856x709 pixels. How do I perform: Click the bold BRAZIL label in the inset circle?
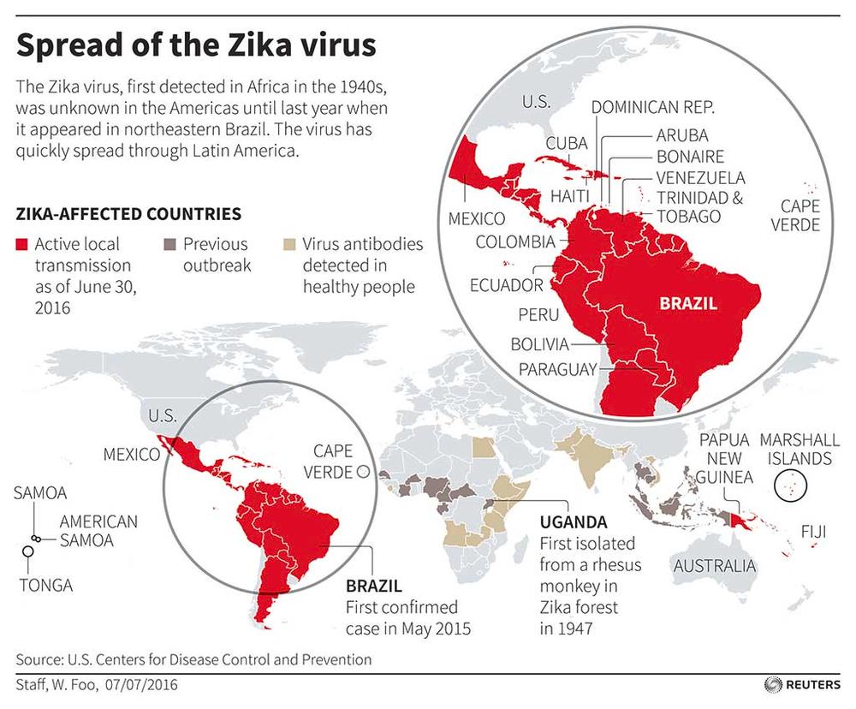687,303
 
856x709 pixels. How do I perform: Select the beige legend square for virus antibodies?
290,245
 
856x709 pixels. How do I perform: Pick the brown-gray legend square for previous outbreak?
169,245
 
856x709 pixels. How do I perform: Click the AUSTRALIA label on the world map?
714,566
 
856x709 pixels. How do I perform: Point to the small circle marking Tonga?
28,552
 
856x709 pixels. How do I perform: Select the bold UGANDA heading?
573,521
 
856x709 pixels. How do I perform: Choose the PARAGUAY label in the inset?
556,370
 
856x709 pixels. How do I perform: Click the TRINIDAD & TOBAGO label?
700,206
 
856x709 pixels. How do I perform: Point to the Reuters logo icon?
771,685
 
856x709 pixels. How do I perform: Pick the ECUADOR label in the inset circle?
506,284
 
